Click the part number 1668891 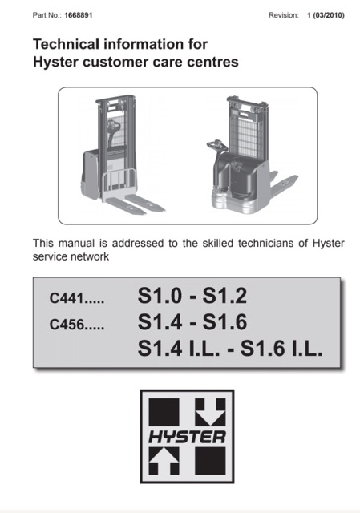click(x=79, y=15)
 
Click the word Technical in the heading click(x=66, y=44)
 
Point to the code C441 click(x=67, y=298)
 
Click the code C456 click(x=67, y=324)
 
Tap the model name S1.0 click(x=160, y=296)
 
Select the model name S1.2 click(x=224, y=296)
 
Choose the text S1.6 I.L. click(x=281, y=348)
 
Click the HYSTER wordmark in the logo click(x=187, y=437)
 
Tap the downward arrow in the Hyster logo click(x=210, y=412)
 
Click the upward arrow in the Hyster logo click(x=164, y=462)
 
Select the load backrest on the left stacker click(x=119, y=184)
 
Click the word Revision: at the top click(x=284, y=15)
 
